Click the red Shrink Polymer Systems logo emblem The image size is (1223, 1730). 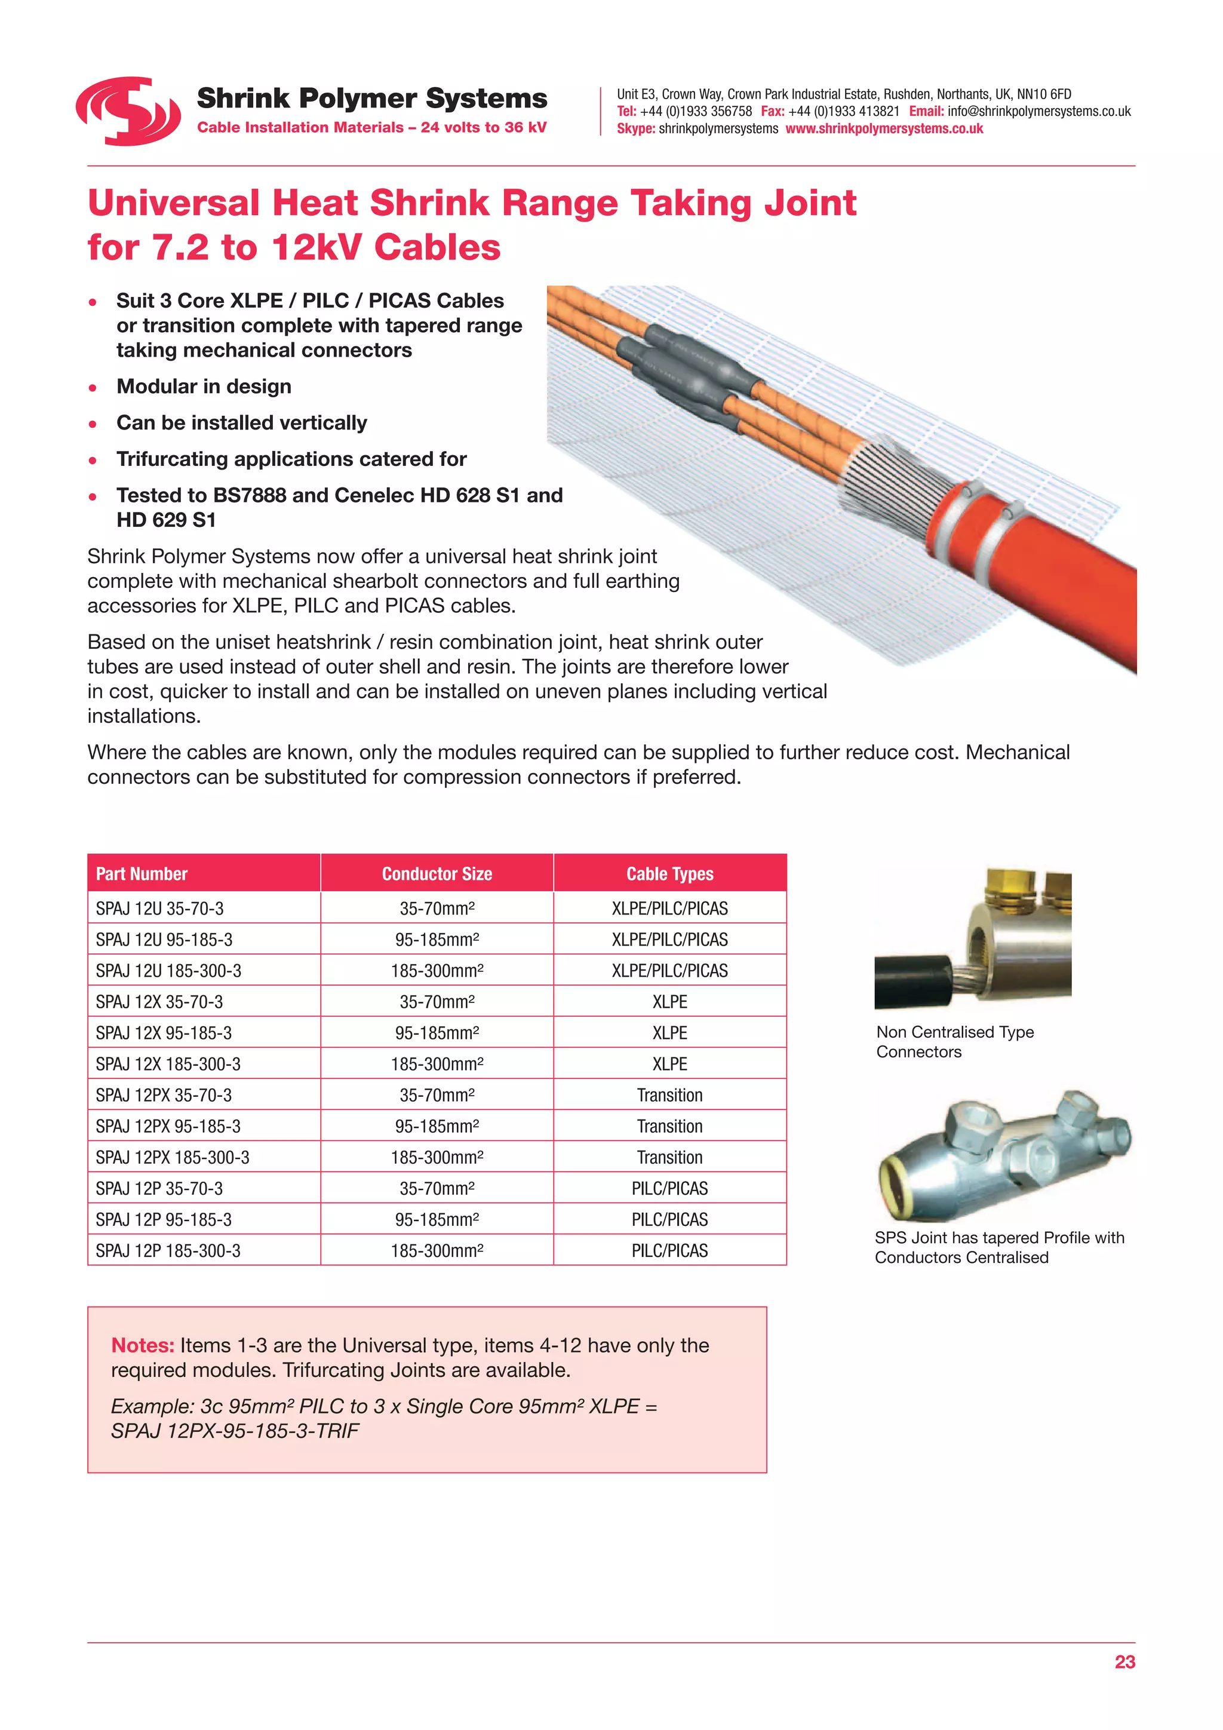tap(128, 111)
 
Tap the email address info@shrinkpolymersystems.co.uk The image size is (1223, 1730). tap(1038, 112)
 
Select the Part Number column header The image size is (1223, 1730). tap(142, 874)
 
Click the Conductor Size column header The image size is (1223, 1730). tap(437, 874)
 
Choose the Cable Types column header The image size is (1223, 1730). tap(669, 874)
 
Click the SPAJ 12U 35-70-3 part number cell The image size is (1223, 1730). tap(159, 909)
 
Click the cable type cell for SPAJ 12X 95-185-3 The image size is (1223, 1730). tap(669, 1033)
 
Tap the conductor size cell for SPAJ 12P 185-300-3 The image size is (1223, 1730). tap(437, 1251)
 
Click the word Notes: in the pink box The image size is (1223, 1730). tap(142, 1346)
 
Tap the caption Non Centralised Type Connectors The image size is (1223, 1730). tap(954, 1042)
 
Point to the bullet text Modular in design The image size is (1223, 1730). tap(203, 387)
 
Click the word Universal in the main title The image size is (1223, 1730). tap(173, 204)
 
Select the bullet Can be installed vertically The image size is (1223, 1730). tap(241, 423)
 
